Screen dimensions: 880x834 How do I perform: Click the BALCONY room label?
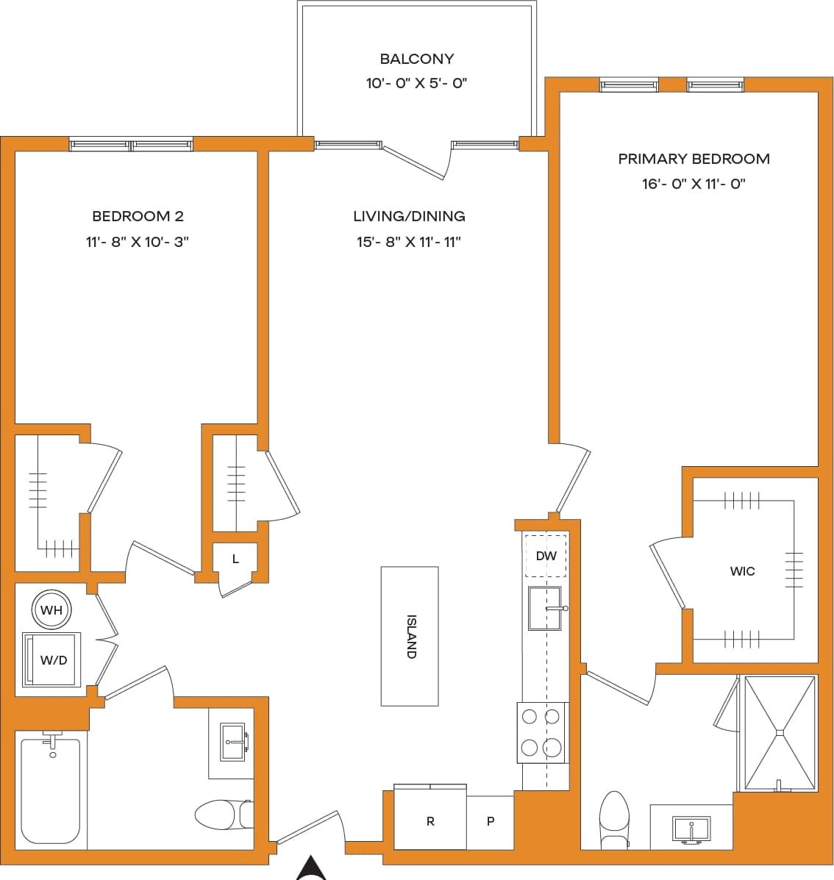(416, 59)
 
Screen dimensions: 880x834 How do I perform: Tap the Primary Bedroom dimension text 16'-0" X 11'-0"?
(694, 184)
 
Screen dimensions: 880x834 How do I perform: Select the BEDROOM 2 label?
(138, 216)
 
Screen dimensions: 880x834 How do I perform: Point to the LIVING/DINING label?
(409, 216)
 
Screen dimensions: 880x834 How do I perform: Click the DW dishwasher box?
(546, 557)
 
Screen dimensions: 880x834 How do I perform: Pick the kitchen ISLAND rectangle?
(410, 636)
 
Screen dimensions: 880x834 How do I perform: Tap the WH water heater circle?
(51, 609)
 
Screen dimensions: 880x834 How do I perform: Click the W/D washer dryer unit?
(51, 659)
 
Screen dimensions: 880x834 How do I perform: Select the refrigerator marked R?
(430, 821)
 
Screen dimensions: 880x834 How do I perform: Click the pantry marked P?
(491, 821)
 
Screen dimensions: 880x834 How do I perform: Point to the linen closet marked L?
(235, 559)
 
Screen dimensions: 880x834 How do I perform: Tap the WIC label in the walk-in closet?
(742, 571)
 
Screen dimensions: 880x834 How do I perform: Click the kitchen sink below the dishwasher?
(544, 608)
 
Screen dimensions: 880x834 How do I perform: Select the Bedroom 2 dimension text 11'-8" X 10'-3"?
(138, 241)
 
